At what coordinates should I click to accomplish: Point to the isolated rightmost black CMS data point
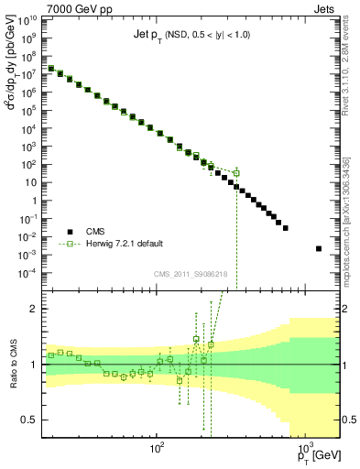[x=318, y=248]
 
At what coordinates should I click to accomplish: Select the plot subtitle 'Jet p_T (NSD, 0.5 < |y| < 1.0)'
[x=191, y=34]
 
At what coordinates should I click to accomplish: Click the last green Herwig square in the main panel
[x=236, y=172]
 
